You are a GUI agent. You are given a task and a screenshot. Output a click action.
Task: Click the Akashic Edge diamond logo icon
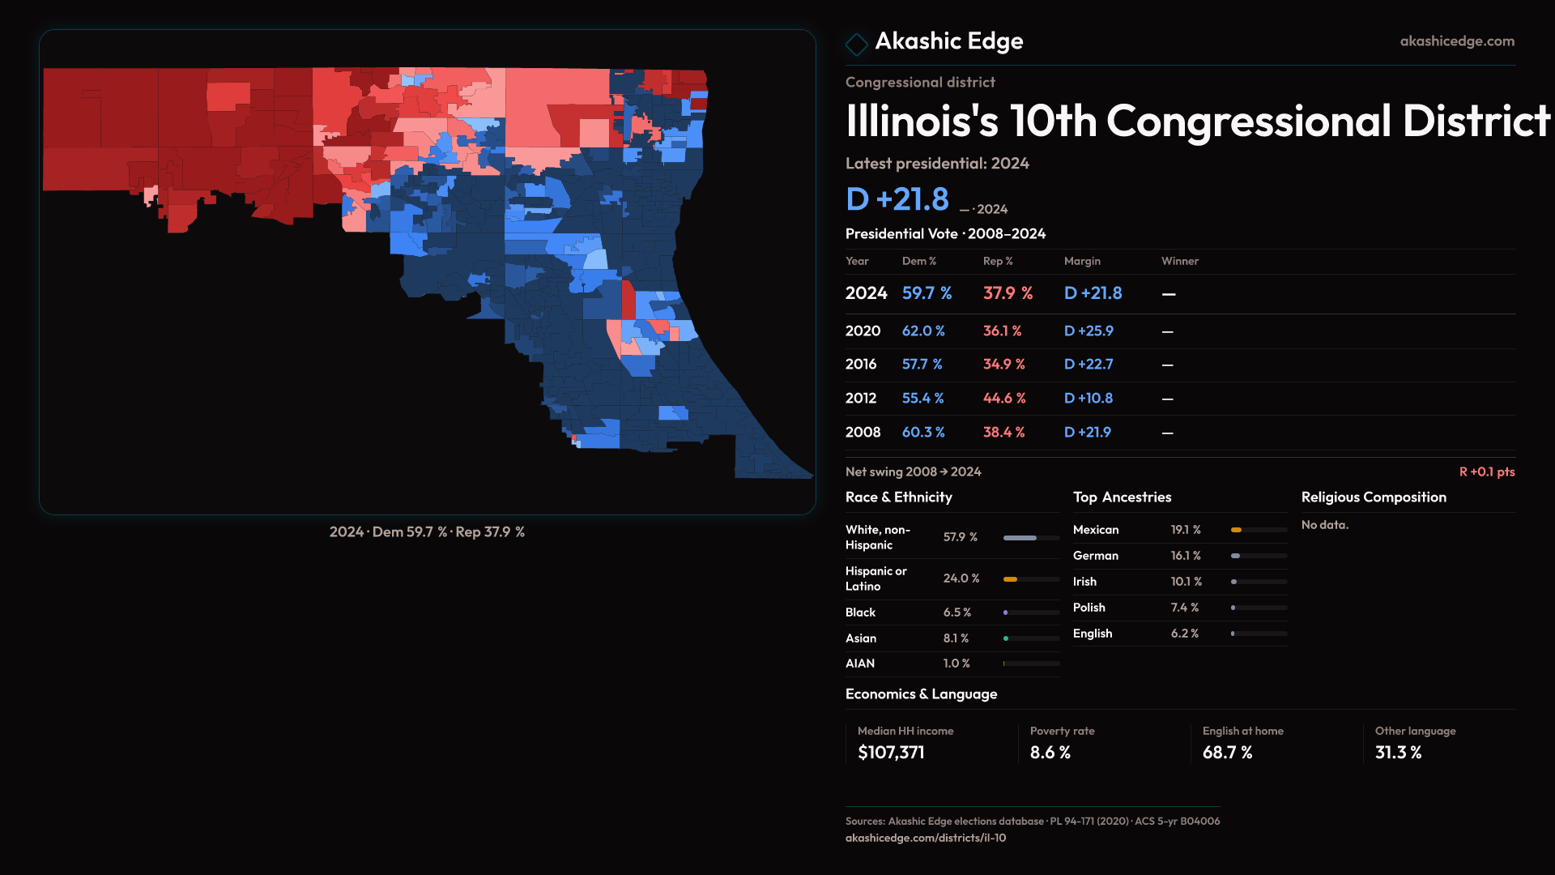pos(856,44)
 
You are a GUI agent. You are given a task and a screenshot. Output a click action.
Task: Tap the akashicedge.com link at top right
pos(1456,41)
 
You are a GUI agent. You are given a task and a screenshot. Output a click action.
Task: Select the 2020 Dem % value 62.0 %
pos(923,331)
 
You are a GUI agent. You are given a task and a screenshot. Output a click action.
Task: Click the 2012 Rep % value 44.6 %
pos(1003,399)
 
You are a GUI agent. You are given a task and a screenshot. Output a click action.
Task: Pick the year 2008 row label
pos(863,433)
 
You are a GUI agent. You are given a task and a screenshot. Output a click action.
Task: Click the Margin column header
pos(1082,261)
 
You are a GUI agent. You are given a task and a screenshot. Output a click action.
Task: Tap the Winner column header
pos(1179,261)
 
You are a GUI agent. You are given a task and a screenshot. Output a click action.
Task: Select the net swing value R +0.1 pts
pos(1486,472)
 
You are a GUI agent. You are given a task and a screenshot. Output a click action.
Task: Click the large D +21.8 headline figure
pos(897,199)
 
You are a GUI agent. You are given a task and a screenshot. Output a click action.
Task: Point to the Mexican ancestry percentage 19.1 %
pos(1185,530)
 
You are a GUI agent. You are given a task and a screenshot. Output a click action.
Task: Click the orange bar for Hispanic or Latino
pos(1010,579)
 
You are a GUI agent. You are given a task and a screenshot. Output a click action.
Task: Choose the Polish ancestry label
pos(1088,608)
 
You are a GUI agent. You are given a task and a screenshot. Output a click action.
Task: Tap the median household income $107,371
pos(891,753)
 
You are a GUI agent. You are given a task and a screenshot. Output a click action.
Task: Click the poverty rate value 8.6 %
pos(1050,753)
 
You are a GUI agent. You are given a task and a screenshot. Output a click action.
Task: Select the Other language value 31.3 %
pos(1398,753)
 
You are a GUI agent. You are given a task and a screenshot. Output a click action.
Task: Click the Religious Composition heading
pos(1373,497)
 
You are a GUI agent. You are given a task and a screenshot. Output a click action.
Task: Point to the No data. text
pos(1324,525)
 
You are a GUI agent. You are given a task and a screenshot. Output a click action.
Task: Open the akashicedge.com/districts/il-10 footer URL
pos(925,838)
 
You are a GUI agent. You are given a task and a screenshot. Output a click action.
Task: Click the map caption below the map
pos(427,532)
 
